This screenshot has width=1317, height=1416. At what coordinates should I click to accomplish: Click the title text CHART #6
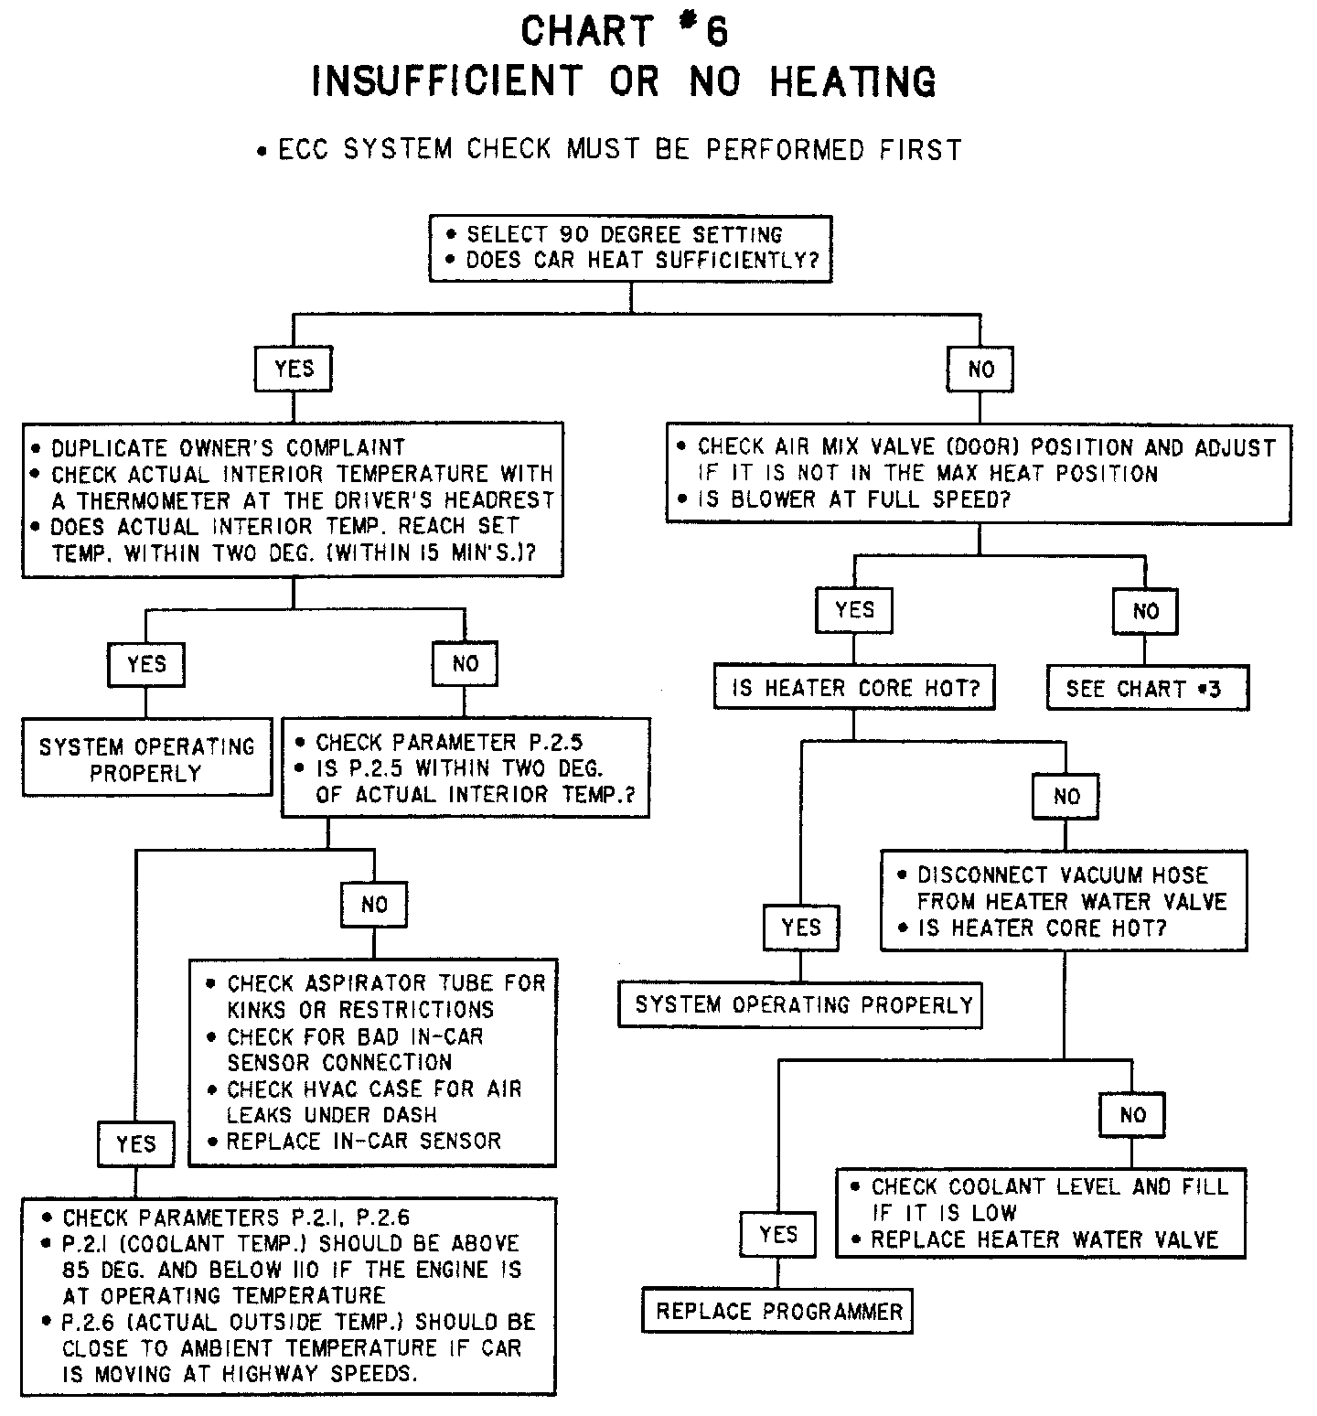pyautogui.click(x=624, y=31)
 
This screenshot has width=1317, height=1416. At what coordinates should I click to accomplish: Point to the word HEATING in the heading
pyautogui.click(x=852, y=81)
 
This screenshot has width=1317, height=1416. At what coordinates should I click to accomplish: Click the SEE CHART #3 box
pyautogui.click(x=1147, y=689)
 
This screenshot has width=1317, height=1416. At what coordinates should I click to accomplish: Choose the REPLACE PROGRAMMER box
pyautogui.click(x=778, y=1312)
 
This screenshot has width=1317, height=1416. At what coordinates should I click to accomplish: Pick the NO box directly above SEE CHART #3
pyautogui.click(x=1145, y=611)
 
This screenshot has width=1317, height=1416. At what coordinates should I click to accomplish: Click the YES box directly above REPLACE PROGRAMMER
pyautogui.click(x=778, y=1234)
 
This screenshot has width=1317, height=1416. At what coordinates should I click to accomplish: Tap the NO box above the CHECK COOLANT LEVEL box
pyautogui.click(x=1132, y=1115)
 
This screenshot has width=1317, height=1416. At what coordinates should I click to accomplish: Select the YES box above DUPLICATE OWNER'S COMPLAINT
pyautogui.click(x=294, y=369)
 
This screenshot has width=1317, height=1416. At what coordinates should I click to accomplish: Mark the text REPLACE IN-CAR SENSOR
pyautogui.click(x=364, y=1141)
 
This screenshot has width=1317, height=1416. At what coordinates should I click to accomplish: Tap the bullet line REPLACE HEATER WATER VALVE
pyautogui.click(x=1044, y=1239)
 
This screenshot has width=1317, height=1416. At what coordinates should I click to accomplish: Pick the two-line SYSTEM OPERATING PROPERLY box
pyautogui.click(x=146, y=759)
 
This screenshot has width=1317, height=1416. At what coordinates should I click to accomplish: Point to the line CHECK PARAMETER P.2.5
pyautogui.click(x=449, y=742)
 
